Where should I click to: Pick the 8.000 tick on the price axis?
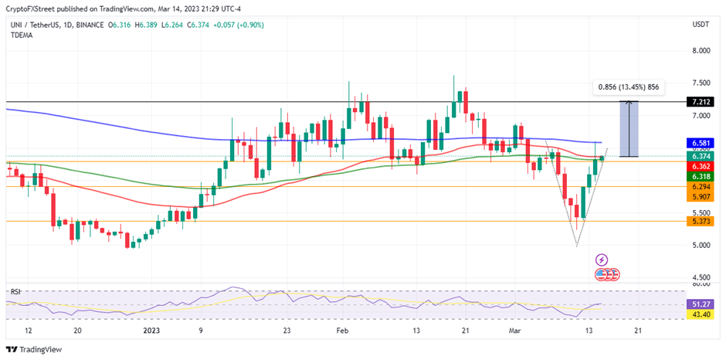[701, 51]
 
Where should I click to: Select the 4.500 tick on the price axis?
[701, 277]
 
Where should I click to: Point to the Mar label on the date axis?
[516, 330]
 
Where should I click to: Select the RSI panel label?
[15, 292]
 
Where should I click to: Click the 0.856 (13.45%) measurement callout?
[626, 87]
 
